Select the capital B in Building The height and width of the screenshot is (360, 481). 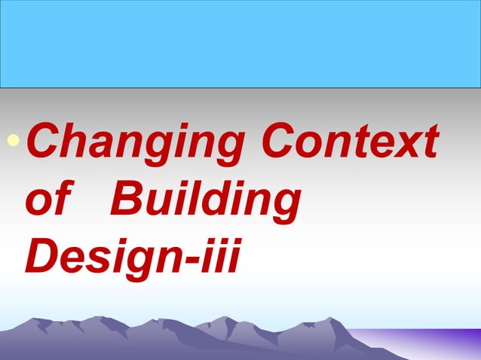pyautogui.click(x=127, y=200)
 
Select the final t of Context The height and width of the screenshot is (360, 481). pyautogui.click(x=429, y=143)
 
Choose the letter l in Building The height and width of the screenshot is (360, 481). pyautogui.click(x=195, y=200)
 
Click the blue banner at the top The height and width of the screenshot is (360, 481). pyautogui.click(x=240, y=44)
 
